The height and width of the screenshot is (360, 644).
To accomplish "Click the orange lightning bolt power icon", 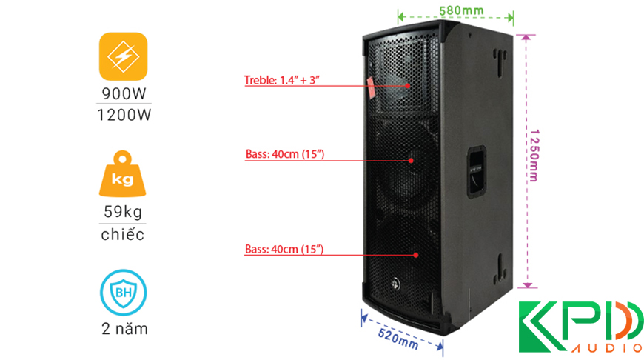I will (x=122, y=56).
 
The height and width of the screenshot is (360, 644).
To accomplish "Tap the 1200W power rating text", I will (x=123, y=115).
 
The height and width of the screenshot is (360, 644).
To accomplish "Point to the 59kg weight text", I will (x=123, y=213).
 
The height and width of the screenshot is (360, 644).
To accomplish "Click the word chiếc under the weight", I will (x=123, y=235).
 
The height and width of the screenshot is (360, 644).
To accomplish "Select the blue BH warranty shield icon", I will (x=122, y=293).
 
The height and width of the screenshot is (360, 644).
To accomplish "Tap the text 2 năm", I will (x=123, y=329).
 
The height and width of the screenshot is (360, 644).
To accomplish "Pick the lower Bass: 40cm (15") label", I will (x=284, y=249).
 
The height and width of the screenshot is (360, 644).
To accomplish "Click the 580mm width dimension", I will (x=454, y=10).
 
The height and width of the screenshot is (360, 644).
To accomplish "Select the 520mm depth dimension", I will (x=398, y=337).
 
